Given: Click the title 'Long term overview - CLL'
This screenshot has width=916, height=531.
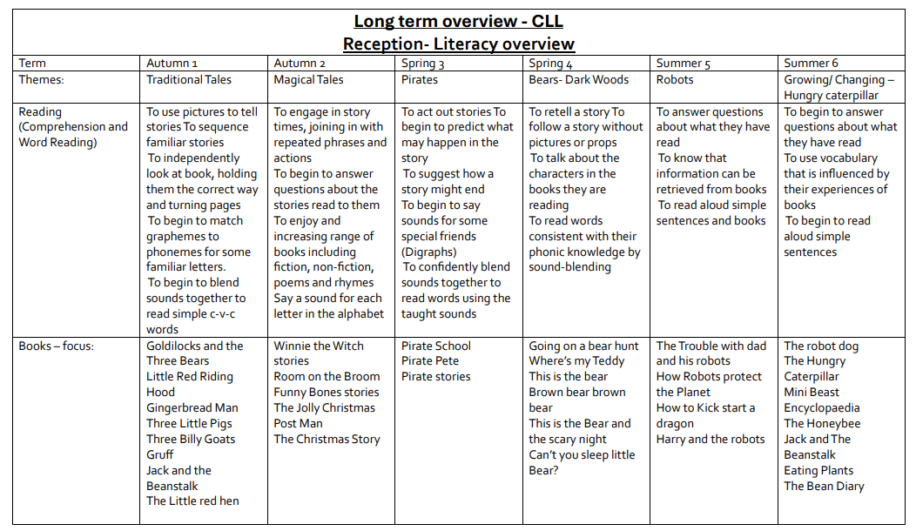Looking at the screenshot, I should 458,22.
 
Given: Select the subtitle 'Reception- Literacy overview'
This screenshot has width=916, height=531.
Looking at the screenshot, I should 458,44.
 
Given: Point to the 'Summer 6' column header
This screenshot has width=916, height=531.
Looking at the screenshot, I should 811,64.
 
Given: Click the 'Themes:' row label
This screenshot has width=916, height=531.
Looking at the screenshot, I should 42,79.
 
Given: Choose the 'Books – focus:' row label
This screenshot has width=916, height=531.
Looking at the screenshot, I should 57,346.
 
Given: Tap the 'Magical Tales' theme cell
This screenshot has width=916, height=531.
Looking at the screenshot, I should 308,79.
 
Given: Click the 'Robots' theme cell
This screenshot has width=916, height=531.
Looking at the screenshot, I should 675,79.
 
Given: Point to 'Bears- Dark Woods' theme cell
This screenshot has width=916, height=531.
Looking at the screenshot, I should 578,79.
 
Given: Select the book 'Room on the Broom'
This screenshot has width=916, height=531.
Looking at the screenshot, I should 327,377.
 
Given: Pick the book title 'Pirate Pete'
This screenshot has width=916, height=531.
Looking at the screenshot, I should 430,361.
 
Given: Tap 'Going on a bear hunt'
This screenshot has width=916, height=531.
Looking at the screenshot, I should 583,346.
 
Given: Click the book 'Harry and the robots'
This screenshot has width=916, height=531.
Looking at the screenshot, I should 711,440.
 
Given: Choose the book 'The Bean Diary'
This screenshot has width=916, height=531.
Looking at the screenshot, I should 824,487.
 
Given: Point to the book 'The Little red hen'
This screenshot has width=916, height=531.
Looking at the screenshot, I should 192,501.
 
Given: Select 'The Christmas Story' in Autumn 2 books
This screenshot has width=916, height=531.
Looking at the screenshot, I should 327,440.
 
